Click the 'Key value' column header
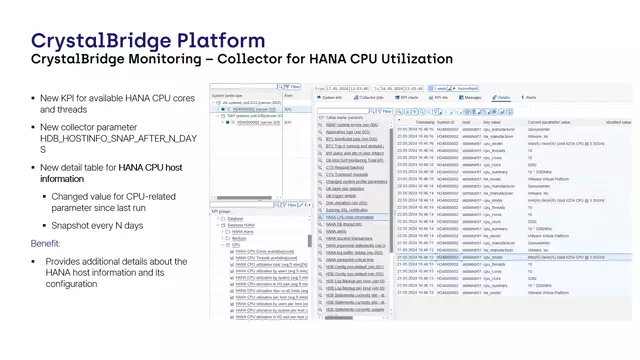493,121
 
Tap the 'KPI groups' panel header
221,211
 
